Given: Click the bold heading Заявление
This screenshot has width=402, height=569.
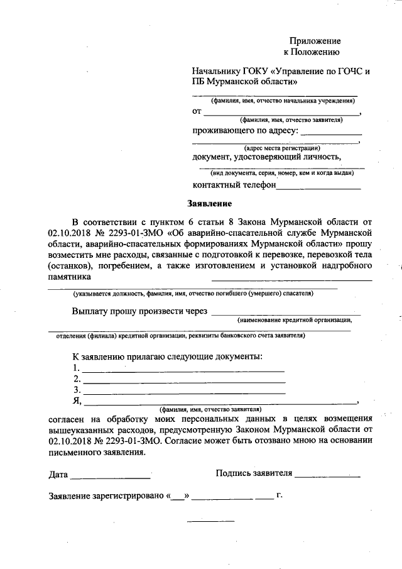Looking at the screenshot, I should [x=210, y=204].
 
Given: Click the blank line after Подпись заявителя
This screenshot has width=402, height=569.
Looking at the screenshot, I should [x=327, y=476].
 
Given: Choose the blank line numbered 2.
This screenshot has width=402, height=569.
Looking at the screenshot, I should [x=183, y=382].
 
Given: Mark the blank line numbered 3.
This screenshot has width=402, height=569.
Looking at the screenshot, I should [x=183, y=392].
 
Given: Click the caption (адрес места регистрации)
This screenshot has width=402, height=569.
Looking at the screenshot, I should [x=278, y=148].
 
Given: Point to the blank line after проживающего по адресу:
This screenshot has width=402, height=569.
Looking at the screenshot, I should [x=331, y=134].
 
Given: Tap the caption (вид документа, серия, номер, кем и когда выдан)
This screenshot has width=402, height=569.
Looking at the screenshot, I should [x=281, y=172].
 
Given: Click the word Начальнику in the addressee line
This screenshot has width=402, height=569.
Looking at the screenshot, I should [x=219, y=70].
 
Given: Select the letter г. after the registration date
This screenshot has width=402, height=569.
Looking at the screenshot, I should [x=280, y=495].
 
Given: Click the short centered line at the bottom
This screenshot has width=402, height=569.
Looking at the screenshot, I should [x=210, y=521].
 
